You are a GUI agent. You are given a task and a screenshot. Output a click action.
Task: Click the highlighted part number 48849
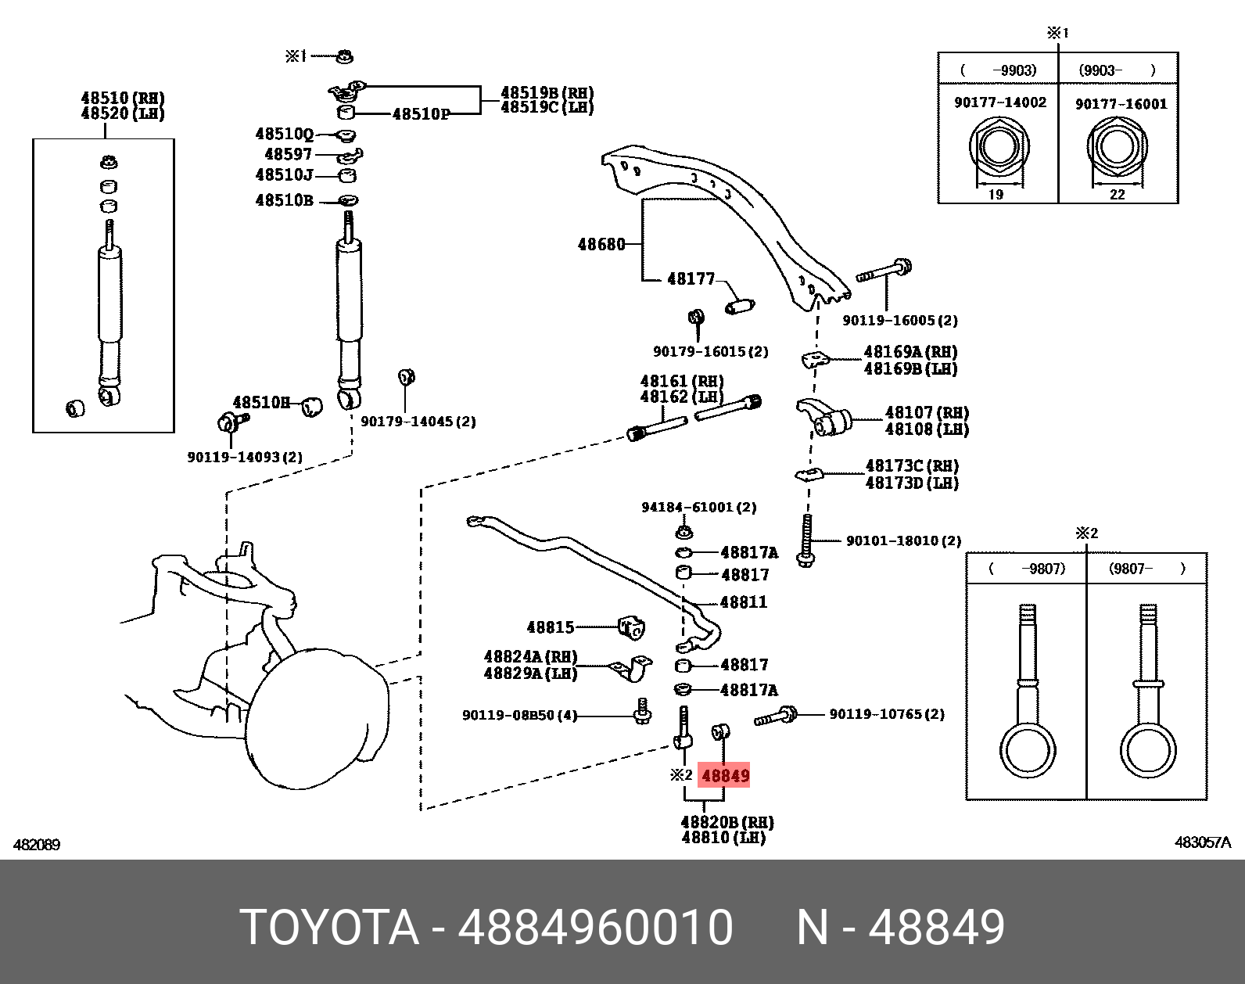725,776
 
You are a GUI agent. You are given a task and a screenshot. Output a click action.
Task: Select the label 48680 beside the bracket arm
601,245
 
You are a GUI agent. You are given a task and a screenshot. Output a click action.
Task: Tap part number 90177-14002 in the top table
999,102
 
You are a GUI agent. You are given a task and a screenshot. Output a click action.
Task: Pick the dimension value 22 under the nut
1117,195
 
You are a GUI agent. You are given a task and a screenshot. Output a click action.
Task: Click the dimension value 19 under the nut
996,195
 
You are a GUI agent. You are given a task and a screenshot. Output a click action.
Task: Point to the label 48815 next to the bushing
550,627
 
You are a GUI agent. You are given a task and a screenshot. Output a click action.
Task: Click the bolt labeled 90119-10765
775,716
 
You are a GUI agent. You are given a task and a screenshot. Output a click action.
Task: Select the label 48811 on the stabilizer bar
743,602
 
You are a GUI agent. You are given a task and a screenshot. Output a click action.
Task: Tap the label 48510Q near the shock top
284,135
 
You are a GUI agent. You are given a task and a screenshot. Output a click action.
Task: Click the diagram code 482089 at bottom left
36,845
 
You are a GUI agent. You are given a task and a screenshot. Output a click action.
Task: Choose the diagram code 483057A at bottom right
1202,842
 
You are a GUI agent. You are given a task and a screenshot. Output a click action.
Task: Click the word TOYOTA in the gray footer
329,928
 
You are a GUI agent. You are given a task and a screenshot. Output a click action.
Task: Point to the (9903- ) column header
1117,70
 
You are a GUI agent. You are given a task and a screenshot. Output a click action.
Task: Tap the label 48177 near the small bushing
691,279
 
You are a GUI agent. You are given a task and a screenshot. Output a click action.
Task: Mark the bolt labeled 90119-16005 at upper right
884,272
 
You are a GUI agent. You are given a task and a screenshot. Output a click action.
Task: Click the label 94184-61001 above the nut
698,508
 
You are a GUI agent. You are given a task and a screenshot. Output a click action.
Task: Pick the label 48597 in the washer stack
288,155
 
